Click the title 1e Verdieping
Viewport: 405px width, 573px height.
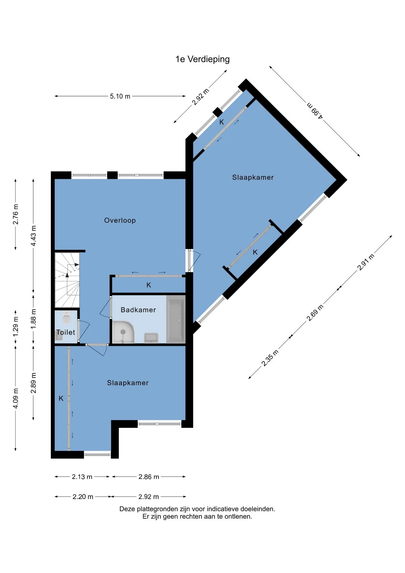202,59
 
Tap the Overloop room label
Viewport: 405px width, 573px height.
120,220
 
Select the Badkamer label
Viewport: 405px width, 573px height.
138,310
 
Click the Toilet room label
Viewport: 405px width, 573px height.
66,332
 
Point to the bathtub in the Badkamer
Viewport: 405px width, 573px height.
176,319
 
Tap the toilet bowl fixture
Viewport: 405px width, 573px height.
66,318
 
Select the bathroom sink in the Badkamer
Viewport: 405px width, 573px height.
151,338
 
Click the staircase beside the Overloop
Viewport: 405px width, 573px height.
67,280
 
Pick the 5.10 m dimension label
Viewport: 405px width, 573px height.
120,96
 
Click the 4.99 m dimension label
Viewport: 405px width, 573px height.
315,111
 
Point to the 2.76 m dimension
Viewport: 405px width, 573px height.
16,214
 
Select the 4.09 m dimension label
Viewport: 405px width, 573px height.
16,398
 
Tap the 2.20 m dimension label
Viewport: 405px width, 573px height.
83,497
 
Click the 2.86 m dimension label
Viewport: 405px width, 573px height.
149,477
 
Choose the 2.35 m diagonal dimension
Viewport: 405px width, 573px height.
270,358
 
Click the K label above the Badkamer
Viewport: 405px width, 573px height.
149,285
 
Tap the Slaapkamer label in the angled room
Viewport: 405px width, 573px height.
253,177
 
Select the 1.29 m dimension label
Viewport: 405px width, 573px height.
16,326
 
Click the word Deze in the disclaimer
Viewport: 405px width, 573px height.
127,509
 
